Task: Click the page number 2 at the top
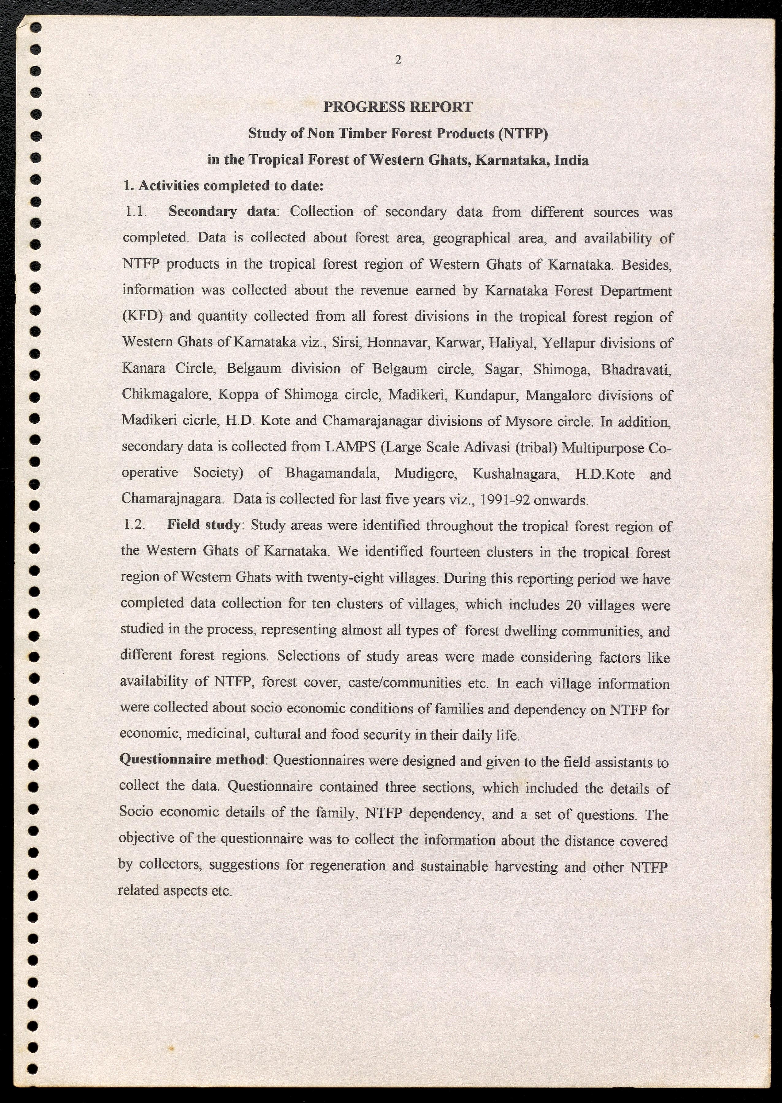[398, 60]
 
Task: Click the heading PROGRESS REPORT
[398, 107]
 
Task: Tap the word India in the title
[571, 160]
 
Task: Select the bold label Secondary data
[222, 212]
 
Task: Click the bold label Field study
[204, 525]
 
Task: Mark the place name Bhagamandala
[332, 473]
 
